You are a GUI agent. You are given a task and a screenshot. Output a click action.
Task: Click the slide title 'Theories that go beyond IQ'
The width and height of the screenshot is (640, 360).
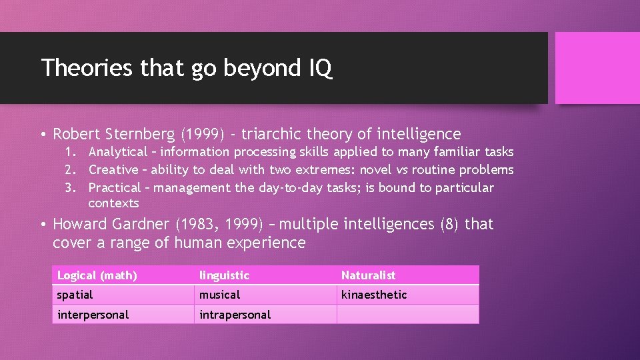point(187,68)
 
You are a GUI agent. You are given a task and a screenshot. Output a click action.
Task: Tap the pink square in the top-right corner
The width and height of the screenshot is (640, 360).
point(597,68)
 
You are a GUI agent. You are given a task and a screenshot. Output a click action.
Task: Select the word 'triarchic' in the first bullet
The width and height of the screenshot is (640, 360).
point(273,134)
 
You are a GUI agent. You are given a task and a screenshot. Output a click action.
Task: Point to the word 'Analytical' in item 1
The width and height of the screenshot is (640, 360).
point(117,152)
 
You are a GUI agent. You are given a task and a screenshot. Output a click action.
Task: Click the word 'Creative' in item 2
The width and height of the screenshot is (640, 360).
point(113,170)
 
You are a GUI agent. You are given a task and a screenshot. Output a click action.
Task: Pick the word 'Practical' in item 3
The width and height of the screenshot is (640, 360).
point(115,188)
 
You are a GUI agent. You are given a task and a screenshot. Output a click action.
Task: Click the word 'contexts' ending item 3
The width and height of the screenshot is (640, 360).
point(113,203)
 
